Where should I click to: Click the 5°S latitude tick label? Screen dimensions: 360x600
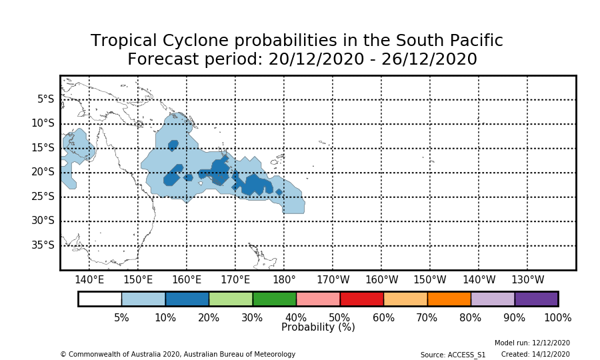[x=45, y=99]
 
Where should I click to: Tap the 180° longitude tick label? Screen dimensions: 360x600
[x=284, y=280]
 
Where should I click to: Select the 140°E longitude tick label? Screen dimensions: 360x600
[x=89, y=280]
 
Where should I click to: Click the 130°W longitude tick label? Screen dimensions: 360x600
[x=527, y=280]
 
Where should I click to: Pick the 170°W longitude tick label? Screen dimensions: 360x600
[x=333, y=280]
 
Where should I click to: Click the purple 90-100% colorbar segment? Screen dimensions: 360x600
[x=536, y=299]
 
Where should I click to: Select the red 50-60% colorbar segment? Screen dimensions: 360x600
[x=361, y=299]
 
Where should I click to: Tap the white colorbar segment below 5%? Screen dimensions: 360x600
[x=100, y=299]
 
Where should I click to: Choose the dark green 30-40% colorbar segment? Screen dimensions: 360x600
[x=274, y=299]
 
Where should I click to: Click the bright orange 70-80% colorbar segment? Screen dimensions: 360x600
[x=449, y=299]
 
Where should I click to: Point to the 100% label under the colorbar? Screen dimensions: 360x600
[x=557, y=318]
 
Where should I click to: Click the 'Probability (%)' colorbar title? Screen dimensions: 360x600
[x=318, y=327]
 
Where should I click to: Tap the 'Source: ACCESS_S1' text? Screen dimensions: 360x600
[x=453, y=355]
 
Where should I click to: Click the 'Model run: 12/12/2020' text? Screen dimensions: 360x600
[x=532, y=343]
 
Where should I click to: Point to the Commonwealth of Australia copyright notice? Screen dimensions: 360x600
[x=177, y=355]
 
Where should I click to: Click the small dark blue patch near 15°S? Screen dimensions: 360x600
[x=173, y=145]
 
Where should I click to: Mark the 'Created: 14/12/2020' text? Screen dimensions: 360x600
[x=535, y=355]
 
